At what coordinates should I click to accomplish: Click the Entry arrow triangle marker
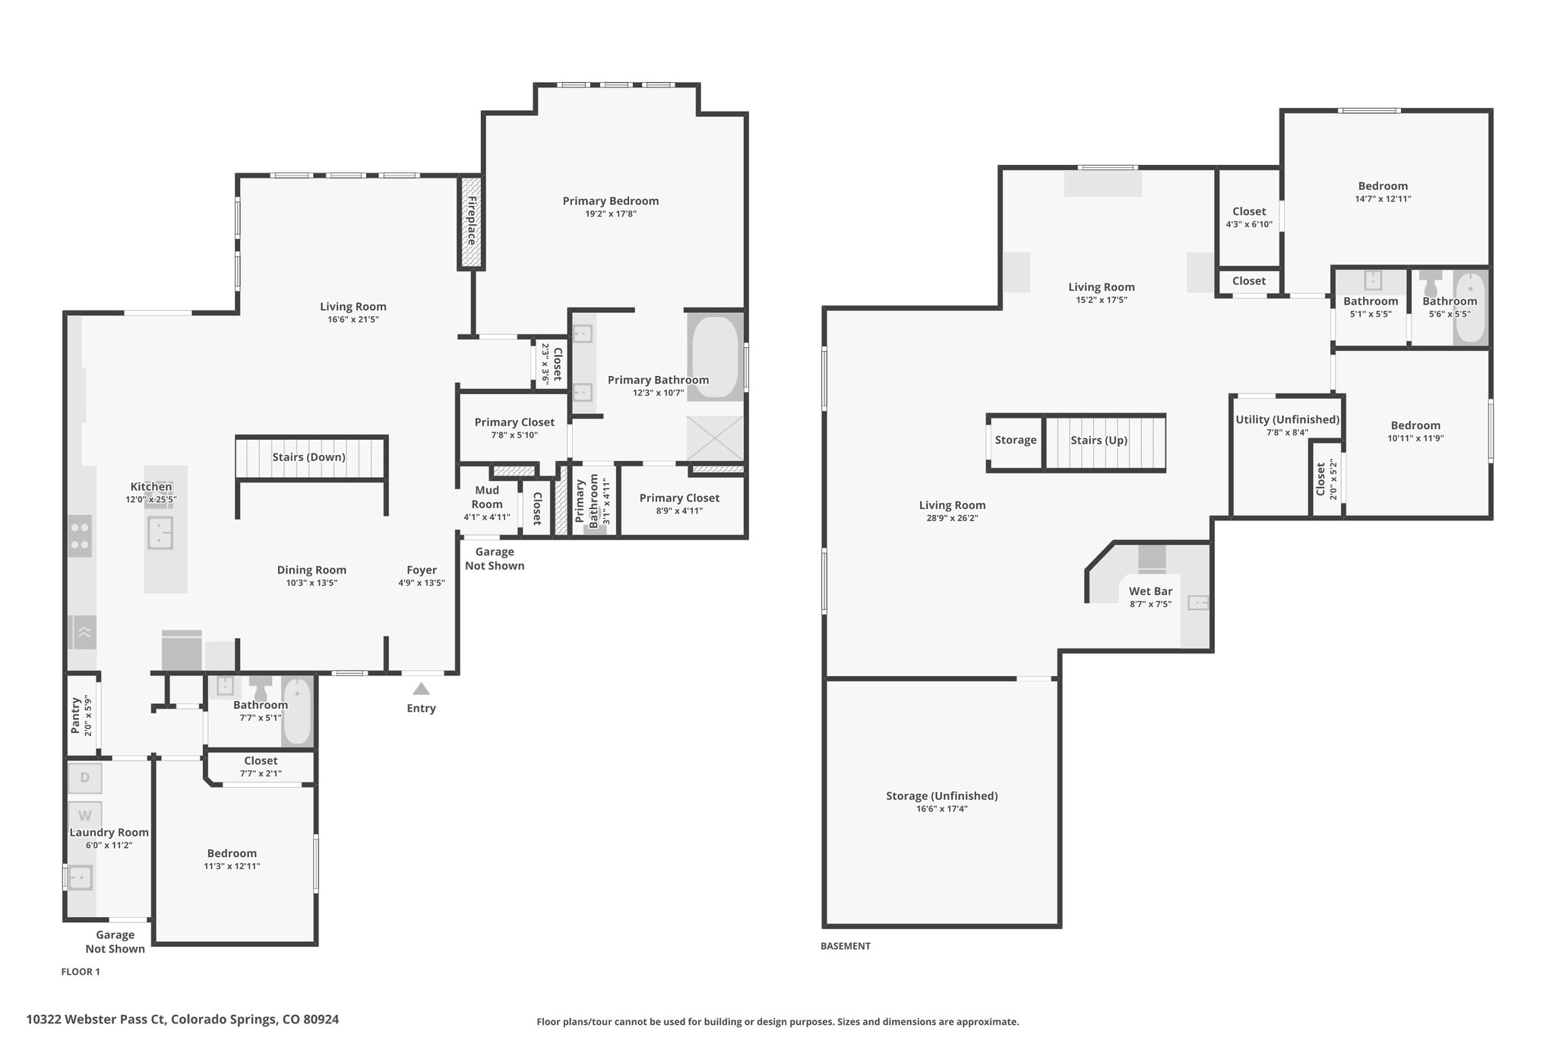point(421,689)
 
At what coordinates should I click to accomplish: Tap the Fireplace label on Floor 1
point(471,220)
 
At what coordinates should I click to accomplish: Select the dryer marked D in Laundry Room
point(84,777)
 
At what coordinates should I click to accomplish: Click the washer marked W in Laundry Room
point(84,816)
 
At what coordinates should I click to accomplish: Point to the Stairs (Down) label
point(308,457)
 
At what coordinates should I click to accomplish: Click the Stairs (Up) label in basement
point(1099,440)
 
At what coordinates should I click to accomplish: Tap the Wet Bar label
point(1150,591)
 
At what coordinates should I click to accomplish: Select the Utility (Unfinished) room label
point(1287,419)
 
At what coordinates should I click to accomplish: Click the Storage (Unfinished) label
point(941,795)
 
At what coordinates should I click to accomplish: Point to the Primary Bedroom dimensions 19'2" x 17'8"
point(610,214)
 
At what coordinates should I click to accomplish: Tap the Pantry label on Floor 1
point(75,715)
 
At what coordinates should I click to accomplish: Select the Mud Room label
point(487,498)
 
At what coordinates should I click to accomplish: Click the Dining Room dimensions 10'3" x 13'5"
point(312,583)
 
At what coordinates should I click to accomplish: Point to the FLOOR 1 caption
point(81,972)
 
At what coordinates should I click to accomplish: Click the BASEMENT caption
point(846,946)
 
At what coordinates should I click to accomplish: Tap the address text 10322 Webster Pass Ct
point(96,1020)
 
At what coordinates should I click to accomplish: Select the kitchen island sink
point(160,533)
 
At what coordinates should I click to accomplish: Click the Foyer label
point(422,570)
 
